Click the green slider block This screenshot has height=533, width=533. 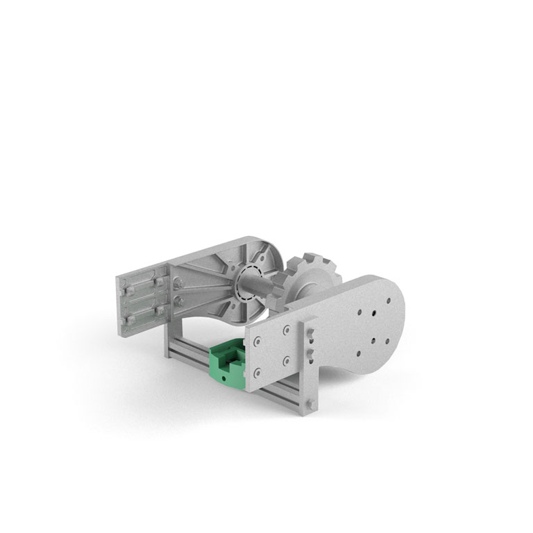(x=226, y=365)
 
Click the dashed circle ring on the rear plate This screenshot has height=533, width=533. (x=246, y=283)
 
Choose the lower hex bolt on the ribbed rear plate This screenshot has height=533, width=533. (x=179, y=299)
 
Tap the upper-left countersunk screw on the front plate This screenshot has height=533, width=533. (x=258, y=341)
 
